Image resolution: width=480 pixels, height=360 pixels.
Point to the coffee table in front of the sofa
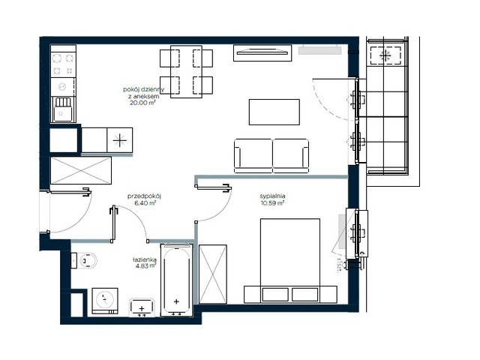click(273, 112)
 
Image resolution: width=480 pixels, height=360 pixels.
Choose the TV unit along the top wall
click(262, 52)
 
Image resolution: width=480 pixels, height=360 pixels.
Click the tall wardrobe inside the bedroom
click(212, 274)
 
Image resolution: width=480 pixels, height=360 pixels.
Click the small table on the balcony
click(386, 55)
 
